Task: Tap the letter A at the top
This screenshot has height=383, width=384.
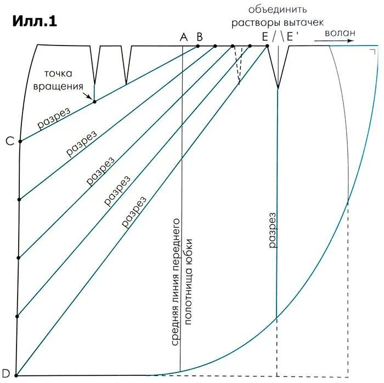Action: (x=184, y=36)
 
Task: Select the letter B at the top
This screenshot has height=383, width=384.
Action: (x=200, y=36)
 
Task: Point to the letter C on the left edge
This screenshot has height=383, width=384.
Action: (x=10, y=142)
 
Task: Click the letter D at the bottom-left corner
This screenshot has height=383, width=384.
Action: (x=6, y=375)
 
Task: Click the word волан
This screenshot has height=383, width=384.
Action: (x=340, y=33)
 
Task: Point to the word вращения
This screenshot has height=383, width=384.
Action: (x=66, y=86)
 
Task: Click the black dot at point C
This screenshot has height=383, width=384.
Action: (x=20, y=142)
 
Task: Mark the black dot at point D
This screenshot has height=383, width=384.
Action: (x=16, y=375)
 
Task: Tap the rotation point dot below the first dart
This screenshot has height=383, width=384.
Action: (x=94, y=102)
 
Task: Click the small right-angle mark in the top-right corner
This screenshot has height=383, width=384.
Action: (x=372, y=52)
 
